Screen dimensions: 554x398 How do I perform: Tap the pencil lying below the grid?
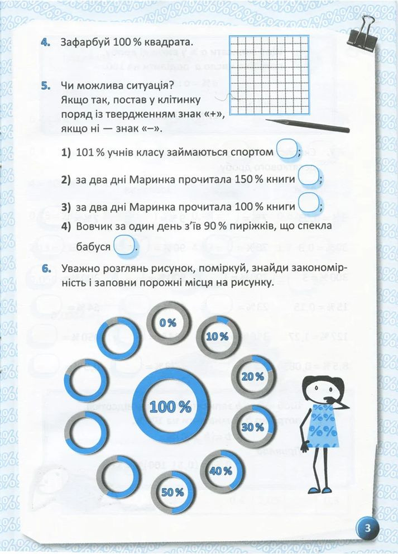308,124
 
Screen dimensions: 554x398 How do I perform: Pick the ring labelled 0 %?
167,323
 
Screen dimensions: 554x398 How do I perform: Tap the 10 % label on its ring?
217,337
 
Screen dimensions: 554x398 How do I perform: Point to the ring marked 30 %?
252,427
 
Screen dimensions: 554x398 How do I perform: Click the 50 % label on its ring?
172,492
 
